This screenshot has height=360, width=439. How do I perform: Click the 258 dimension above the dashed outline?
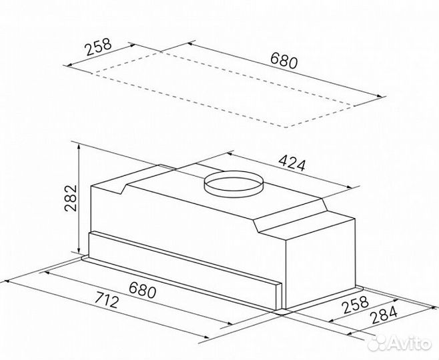click(99, 47)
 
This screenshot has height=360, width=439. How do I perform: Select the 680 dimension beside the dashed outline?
click(284, 61)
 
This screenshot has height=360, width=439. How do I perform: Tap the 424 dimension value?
click(292, 163)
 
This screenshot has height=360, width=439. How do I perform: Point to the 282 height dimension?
click(71, 198)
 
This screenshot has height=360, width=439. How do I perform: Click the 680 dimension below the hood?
click(142, 290)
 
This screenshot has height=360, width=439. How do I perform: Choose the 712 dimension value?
click(107, 299)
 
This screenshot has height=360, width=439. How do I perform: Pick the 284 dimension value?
click(384, 315)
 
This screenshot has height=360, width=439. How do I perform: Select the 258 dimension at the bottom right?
click(356, 305)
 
